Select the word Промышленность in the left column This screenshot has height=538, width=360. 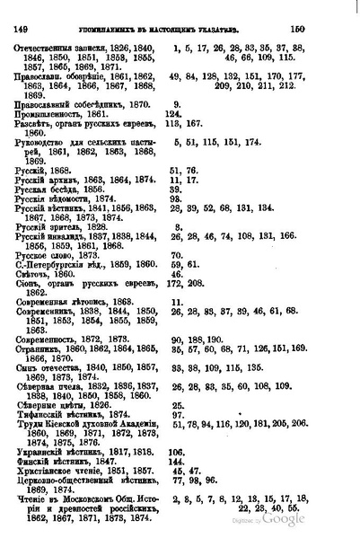coord(52,115)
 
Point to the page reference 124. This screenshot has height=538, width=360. coord(175,115)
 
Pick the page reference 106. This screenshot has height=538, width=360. coord(176,447)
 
